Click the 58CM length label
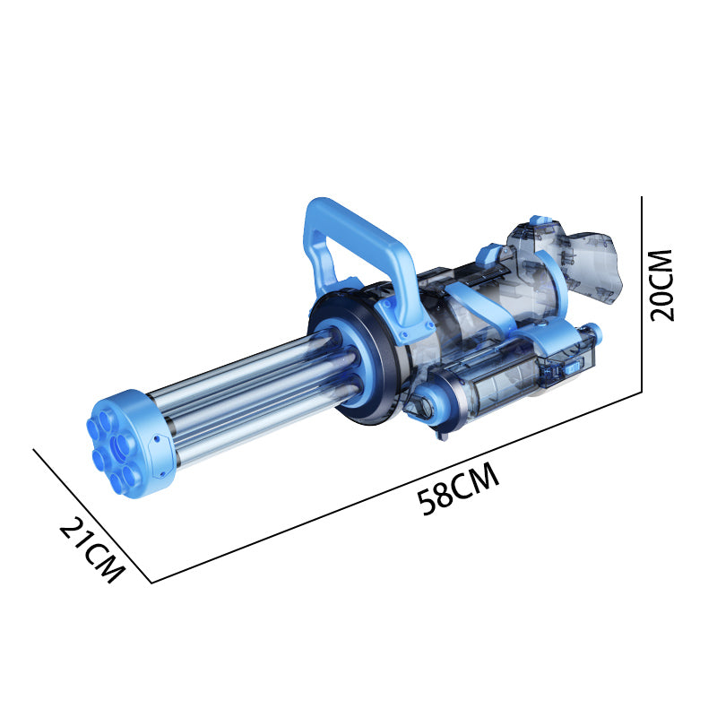point(458,490)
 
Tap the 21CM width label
point(91,550)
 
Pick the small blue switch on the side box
point(566,367)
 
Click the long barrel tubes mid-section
point(251,394)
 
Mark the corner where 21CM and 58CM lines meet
point(151,583)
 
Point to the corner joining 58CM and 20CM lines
point(643,393)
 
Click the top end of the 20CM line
point(643,196)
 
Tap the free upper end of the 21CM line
point(34,449)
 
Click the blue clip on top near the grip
point(539,220)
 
